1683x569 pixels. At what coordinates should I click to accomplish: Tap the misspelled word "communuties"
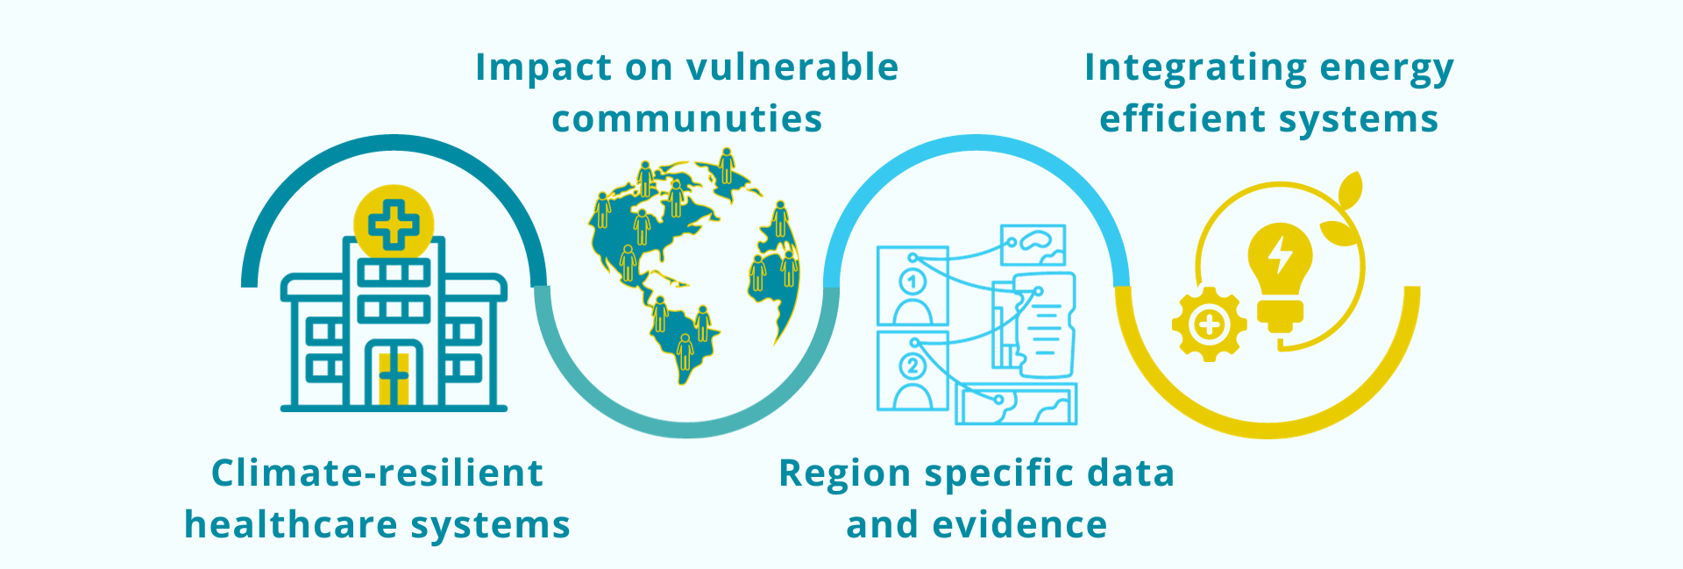[687, 119]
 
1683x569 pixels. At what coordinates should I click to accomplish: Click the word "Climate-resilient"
[378, 473]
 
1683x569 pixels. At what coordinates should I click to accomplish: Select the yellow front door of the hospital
[394, 377]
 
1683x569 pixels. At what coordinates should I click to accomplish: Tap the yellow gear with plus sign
[1210, 325]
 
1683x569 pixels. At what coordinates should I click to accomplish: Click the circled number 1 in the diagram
[913, 282]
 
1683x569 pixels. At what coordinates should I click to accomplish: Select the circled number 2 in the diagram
[913, 366]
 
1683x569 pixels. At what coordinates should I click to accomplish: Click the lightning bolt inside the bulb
[1281, 255]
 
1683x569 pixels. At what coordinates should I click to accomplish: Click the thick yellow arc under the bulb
[1268, 429]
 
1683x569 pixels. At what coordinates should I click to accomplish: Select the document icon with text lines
[1043, 324]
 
